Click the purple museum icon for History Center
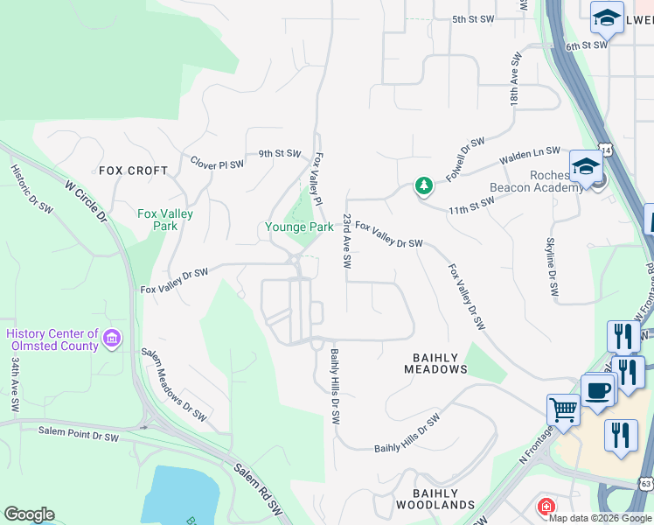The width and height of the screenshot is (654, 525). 111,338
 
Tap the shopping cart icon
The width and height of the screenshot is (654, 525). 563,408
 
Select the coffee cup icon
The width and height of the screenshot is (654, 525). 598,389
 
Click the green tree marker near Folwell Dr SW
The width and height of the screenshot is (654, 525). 423,185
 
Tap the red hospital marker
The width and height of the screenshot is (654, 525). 546,507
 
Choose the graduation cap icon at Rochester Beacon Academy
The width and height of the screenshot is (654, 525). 584,164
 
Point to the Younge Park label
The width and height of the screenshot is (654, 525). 299,227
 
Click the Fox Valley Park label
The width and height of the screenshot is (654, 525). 165,220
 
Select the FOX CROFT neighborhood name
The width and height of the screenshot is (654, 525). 133,171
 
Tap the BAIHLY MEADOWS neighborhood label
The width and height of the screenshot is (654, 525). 435,362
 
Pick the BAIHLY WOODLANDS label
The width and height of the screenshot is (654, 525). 435,499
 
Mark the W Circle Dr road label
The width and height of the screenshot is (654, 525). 86,200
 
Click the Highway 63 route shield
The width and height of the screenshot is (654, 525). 645,483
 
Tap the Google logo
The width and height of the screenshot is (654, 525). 29,514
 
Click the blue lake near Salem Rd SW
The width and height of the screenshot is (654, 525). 184,493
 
